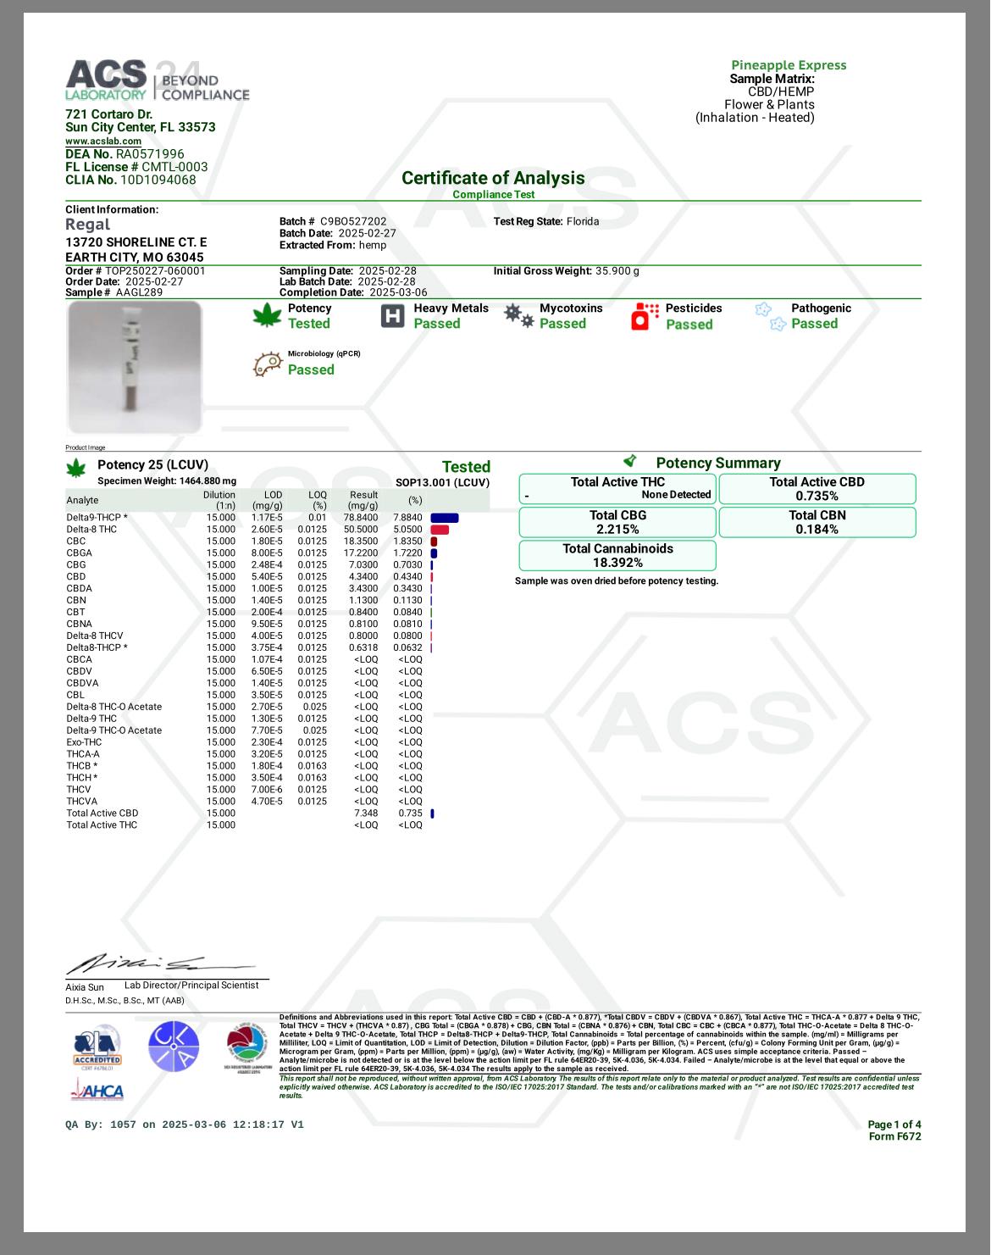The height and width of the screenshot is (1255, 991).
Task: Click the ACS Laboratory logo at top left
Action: pos(157,81)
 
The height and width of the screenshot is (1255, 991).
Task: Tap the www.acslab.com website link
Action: pos(103,142)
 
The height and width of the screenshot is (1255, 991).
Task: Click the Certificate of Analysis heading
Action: pos(493,178)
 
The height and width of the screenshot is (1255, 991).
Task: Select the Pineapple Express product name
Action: pos(789,65)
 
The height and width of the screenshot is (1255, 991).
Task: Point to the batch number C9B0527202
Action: pos(353,222)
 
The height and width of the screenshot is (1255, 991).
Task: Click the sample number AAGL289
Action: pos(140,292)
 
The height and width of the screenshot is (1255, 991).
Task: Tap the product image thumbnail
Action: pos(135,366)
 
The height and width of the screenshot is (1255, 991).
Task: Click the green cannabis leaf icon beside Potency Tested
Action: pos(267,316)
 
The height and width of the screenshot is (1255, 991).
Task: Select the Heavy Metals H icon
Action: pos(393,316)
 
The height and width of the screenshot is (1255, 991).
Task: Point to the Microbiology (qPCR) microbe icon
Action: pos(268,364)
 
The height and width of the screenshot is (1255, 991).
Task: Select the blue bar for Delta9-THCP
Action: pos(445,518)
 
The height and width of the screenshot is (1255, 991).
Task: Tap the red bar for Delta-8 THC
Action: pos(440,530)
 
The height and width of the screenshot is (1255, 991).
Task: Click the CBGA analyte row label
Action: pos(80,553)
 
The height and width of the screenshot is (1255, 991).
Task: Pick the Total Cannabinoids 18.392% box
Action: pos(617,556)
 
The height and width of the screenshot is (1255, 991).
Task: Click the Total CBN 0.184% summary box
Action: pos(817,522)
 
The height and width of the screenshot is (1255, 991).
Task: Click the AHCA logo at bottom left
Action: pos(97,1091)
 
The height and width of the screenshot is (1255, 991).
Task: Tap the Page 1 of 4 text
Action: pos(894,1125)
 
